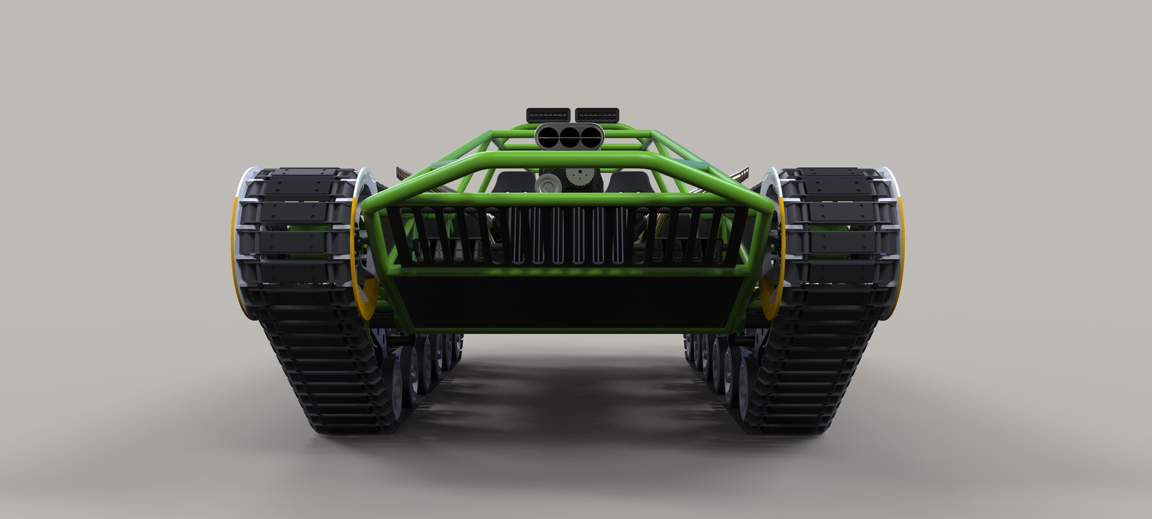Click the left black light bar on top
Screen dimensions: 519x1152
tap(548, 114)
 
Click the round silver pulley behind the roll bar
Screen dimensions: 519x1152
tap(545, 185)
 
